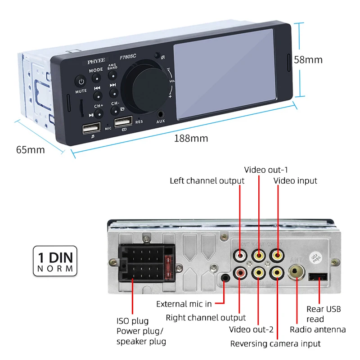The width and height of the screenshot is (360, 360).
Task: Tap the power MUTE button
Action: pos(81,82)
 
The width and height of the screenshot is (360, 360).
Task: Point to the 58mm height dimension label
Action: pos(308,60)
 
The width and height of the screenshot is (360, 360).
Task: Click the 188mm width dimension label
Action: pos(191,138)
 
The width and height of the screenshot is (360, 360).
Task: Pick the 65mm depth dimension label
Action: pos(31,149)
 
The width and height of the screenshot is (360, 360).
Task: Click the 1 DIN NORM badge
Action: pos(55,261)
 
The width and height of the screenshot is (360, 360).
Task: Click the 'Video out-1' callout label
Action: pos(265,170)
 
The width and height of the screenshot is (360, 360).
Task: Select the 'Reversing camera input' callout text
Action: pos(275,343)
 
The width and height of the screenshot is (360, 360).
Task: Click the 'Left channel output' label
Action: pos(207,180)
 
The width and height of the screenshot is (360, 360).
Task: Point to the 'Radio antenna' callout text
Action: pos(318,330)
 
